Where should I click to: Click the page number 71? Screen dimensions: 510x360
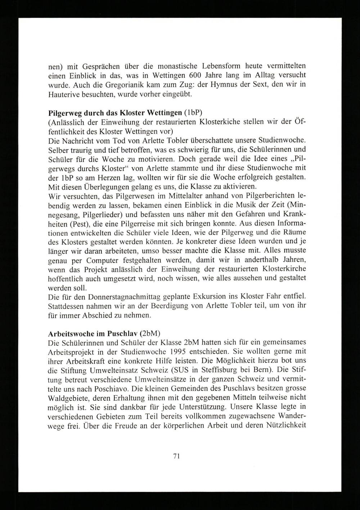[176, 456]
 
